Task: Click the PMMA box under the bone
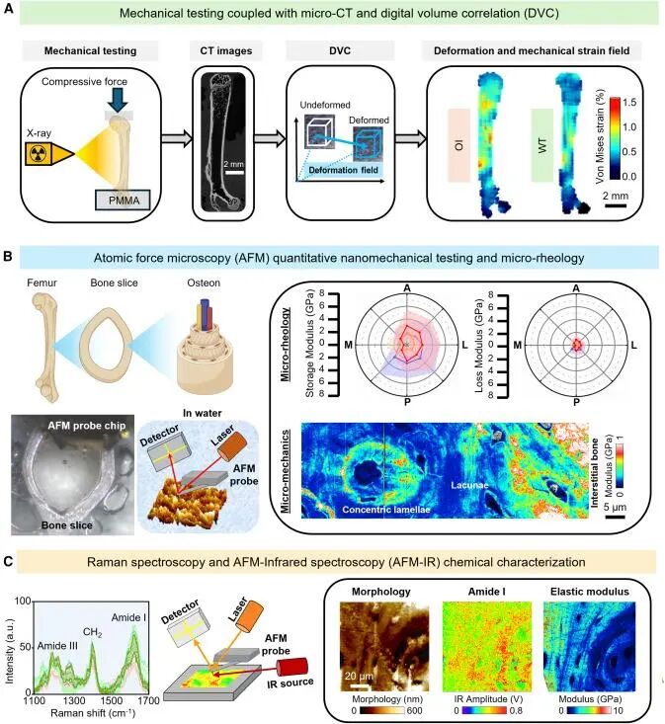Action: point(123,200)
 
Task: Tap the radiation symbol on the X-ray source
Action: point(38,154)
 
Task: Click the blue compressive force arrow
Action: point(120,100)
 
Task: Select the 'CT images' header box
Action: point(226,50)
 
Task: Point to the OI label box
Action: point(459,145)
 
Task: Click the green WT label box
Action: point(542,145)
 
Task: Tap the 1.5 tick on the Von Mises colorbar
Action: point(629,102)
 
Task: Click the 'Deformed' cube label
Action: point(369,121)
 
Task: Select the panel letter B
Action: point(7,256)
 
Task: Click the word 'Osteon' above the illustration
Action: point(204,283)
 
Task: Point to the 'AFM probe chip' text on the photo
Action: point(87,426)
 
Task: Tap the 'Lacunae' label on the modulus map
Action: point(469,485)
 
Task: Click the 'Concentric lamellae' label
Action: point(386,510)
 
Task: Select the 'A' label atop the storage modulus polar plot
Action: point(407,288)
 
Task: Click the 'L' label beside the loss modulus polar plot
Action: point(633,345)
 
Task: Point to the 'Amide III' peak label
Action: point(57,646)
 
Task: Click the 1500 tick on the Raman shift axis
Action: point(112,700)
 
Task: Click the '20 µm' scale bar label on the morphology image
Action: point(359,676)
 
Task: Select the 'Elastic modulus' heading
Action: point(590,592)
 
